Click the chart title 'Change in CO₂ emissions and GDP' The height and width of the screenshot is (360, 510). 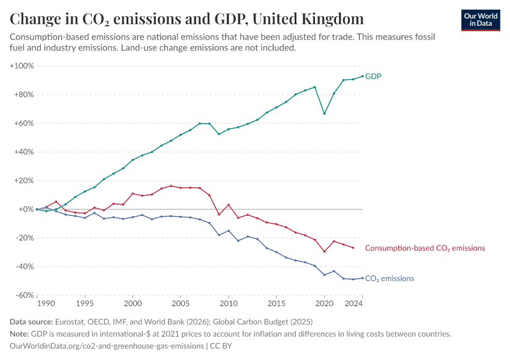186,19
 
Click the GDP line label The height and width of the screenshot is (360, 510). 373,76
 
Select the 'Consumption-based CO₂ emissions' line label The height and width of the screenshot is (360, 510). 425,248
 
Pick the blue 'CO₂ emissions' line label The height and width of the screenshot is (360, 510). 389,278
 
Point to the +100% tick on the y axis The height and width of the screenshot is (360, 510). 22,65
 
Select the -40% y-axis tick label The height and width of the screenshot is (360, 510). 23,266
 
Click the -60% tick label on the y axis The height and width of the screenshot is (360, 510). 23,295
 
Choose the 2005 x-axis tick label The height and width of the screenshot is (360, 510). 181,304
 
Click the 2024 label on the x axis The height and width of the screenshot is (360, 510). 354,304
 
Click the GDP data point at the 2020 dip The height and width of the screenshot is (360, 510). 325,114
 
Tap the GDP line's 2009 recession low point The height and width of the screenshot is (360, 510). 219,134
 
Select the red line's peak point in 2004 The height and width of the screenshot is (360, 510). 171,186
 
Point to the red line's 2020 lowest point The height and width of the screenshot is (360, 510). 325,251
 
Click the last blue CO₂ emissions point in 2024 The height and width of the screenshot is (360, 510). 362,278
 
